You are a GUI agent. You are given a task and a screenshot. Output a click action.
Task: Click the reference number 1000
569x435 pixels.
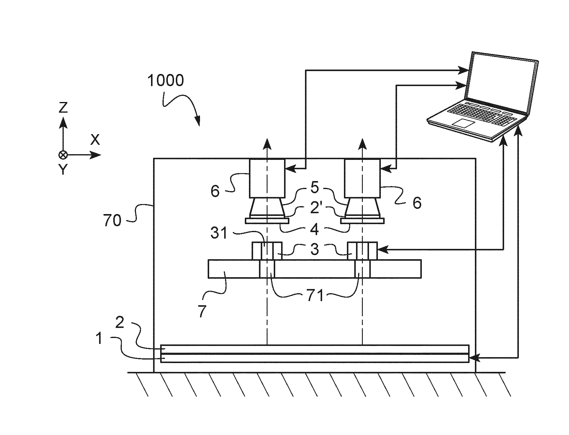coord(165,80)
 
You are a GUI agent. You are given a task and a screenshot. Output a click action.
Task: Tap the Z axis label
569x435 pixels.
coord(63,108)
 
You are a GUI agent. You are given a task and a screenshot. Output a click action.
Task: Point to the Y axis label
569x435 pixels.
coord(63,170)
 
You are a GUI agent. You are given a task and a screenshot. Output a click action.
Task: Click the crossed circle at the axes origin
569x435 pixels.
coord(63,155)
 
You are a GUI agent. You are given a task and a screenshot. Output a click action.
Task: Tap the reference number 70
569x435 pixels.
coord(112,220)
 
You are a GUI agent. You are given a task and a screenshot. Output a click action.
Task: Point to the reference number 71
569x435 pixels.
coord(315,296)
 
